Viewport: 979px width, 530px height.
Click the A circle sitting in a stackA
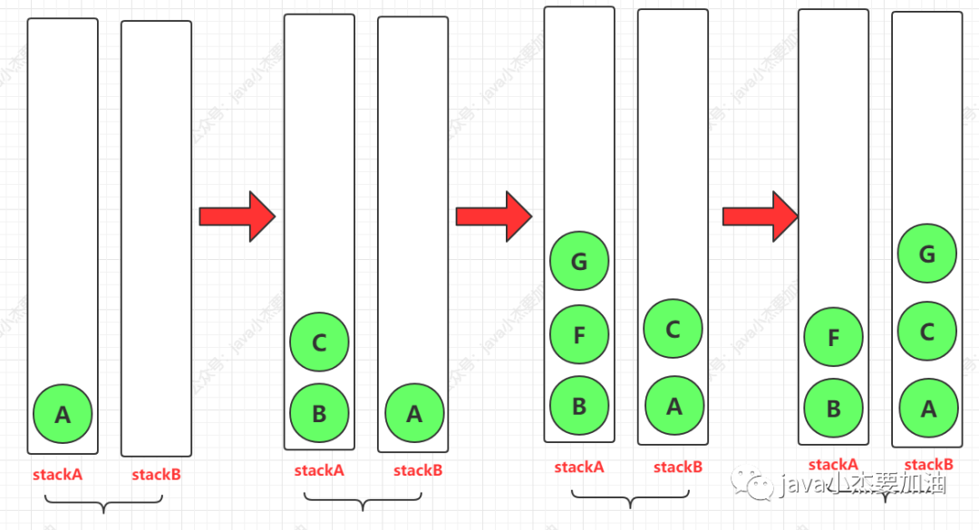[x=63, y=414]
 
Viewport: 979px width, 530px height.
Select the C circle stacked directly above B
[x=319, y=342]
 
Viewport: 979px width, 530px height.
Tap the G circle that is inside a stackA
[x=579, y=262]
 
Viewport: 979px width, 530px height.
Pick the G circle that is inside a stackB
[x=927, y=255]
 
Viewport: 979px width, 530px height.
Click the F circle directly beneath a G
[x=579, y=335]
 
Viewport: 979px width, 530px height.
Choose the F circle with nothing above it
[x=833, y=338]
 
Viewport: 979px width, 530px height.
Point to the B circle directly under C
[x=319, y=413]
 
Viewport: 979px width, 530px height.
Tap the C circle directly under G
[x=927, y=332]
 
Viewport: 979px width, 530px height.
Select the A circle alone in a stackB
[x=414, y=413]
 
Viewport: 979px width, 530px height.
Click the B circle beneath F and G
[x=579, y=406]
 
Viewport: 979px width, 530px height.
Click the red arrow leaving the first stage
[x=237, y=217]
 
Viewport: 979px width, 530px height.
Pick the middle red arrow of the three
[x=493, y=217]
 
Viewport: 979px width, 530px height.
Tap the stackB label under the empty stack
[x=156, y=474]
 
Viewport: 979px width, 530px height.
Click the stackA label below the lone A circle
[x=57, y=474]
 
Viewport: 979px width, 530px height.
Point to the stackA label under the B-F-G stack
[x=579, y=467]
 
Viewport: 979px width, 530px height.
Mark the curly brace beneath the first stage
[x=104, y=503]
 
